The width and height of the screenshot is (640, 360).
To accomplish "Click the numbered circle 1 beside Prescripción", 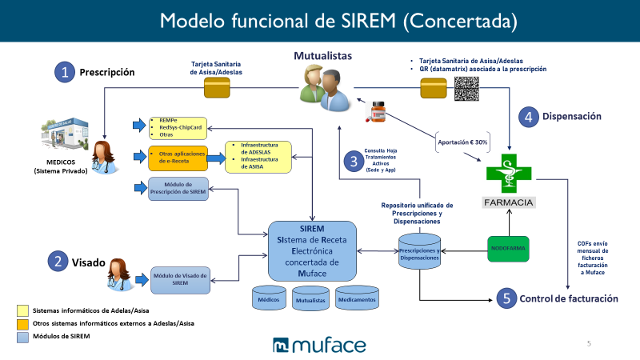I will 64,72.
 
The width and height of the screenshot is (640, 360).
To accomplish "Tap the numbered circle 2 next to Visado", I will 57,260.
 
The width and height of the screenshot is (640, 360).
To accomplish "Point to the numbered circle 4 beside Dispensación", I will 529,117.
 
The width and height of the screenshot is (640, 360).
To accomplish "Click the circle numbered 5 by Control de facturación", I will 505,298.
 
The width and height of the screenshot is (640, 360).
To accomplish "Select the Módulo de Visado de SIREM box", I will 180,278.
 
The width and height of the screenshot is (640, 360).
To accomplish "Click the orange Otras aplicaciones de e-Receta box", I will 177,157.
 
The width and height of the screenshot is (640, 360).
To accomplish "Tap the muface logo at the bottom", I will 319,346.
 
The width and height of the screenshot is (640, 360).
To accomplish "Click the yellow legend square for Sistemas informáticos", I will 22,310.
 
